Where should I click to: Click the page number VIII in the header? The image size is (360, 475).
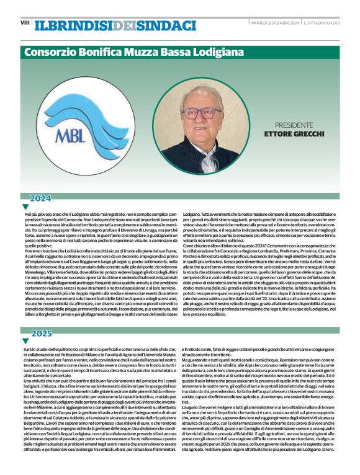coord(25,23)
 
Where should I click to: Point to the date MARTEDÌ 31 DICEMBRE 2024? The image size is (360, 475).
coord(271,23)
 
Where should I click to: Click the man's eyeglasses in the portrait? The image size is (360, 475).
coord(202,113)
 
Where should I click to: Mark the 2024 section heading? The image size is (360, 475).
coord(41,198)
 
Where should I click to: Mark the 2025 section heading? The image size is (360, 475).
coord(41,333)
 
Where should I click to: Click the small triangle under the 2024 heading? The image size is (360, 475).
coord(25,206)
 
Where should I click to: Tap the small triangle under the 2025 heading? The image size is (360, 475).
coord(25,340)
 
